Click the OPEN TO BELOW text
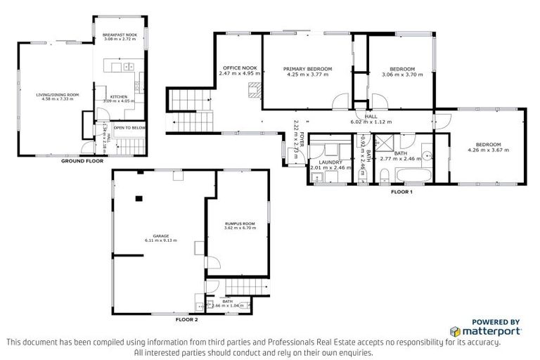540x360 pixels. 130,128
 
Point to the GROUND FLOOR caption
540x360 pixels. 77,161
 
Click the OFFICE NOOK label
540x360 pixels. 239,69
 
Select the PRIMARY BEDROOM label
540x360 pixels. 307,69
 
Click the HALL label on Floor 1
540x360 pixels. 370,117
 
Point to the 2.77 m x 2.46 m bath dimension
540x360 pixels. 398,159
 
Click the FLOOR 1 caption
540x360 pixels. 401,191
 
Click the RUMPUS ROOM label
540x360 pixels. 240,224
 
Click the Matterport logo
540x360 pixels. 485,330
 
